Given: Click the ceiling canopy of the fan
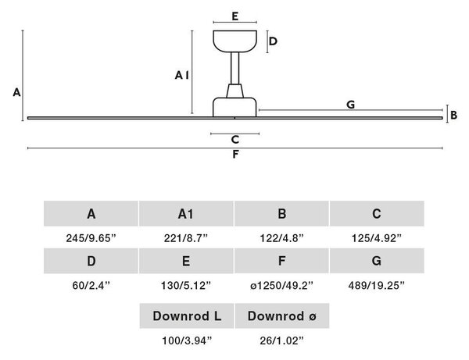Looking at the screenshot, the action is point(234,41).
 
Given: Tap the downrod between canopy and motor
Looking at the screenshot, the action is point(234,68).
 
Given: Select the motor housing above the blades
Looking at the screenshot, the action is point(234,107).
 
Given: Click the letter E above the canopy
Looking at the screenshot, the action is point(235,16).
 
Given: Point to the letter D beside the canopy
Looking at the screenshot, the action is point(273,41).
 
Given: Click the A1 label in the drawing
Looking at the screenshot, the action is point(182,75).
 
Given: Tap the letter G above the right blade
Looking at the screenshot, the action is point(350,105).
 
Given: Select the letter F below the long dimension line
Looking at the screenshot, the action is point(236,154).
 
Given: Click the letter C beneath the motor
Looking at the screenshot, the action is point(235,140).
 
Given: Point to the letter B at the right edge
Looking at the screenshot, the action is point(453,115).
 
